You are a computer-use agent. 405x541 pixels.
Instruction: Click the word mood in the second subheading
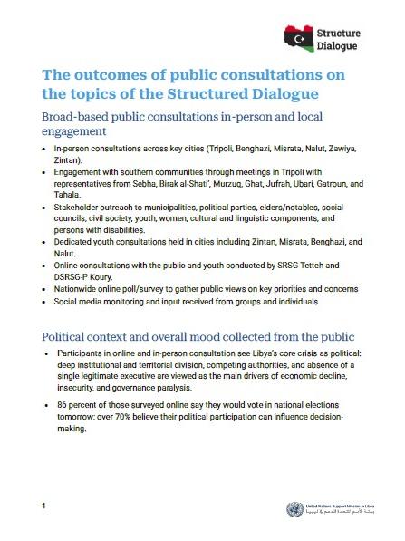click(220, 336)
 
